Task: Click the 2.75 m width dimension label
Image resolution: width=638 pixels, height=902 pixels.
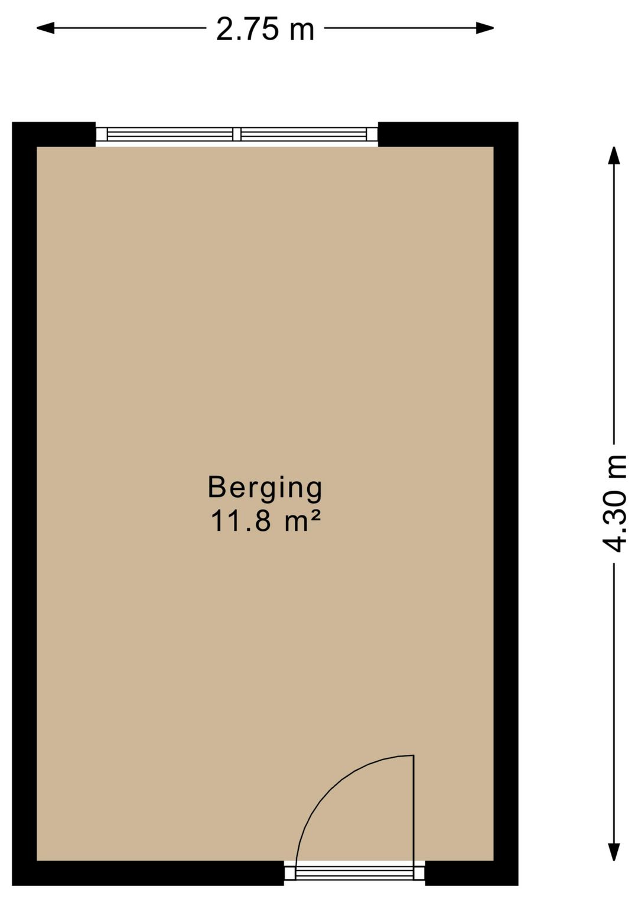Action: [265, 29]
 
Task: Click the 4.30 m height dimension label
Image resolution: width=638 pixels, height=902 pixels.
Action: [614, 503]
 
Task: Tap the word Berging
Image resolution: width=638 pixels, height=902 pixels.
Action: [265, 488]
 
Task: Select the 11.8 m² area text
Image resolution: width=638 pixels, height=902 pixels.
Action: [265, 521]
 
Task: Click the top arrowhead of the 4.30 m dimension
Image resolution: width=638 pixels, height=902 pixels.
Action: [614, 155]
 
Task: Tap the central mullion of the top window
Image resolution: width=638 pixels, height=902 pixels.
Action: [237, 134]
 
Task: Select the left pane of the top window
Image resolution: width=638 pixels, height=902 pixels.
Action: [170, 134]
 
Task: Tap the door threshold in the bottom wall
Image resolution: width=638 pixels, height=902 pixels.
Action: [354, 872]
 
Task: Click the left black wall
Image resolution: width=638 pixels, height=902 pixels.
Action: [24, 502]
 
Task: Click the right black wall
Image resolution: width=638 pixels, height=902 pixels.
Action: [506, 502]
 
